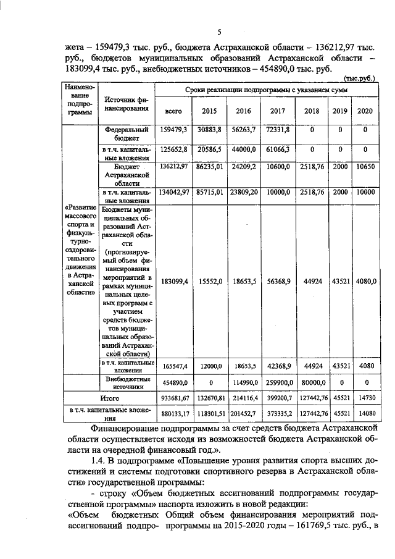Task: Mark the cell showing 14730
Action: coord(365,400)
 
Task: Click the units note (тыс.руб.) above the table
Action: coord(360,78)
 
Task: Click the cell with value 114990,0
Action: coord(238,383)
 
